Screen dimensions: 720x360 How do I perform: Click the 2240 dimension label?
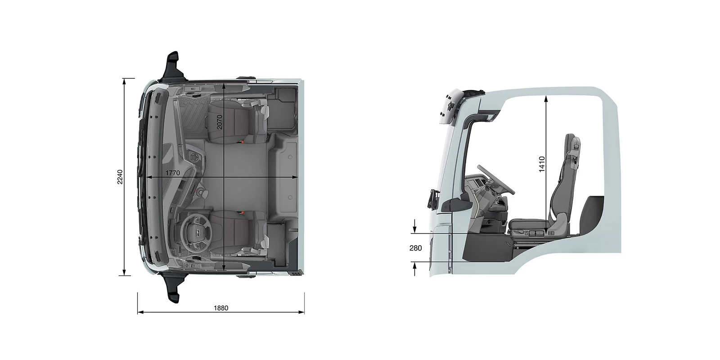pyautogui.click(x=120, y=177)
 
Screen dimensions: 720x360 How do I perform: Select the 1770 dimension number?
pyautogui.click(x=173, y=173)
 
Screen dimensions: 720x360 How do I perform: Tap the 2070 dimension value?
pyautogui.click(x=220, y=122)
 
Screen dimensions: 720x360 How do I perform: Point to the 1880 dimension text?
pyautogui.click(x=221, y=308)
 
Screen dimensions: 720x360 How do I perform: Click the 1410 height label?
pyautogui.click(x=542, y=164)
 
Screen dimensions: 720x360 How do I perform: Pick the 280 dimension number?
pyautogui.click(x=416, y=248)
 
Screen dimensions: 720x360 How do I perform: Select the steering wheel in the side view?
pyautogui.click(x=495, y=180)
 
